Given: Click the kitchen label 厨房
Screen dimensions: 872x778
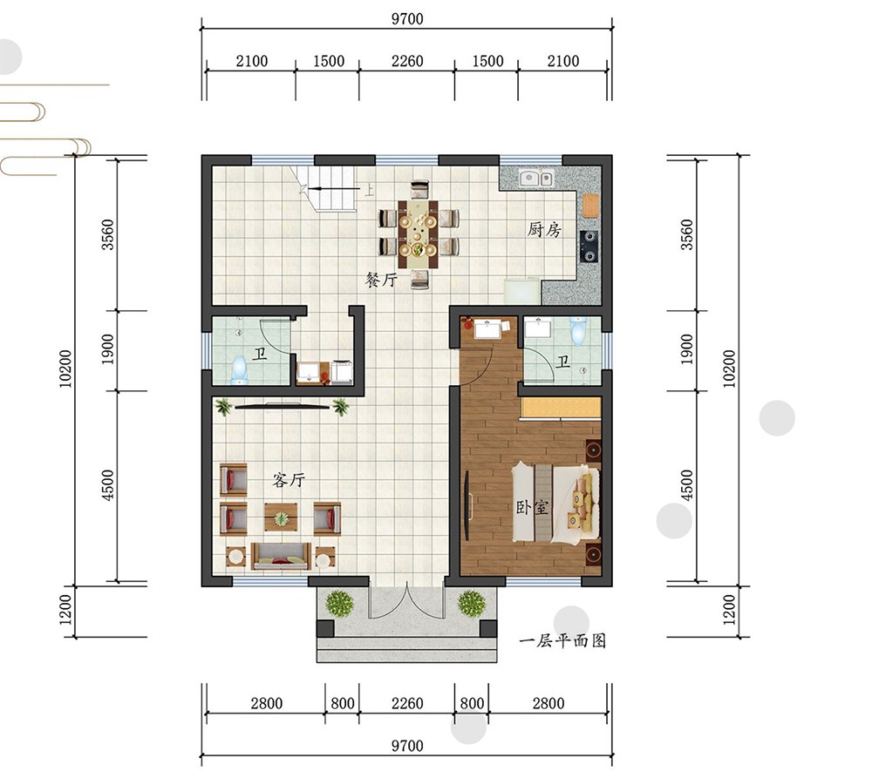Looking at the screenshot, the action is tap(544, 229).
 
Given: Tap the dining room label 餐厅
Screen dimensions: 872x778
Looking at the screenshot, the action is tap(381, 279).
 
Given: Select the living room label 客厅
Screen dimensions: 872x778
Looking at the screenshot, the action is tap(289, 479).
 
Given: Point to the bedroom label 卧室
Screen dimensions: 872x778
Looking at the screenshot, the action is tap(532, 507).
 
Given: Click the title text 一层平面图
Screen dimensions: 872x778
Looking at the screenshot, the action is tap(562, 640).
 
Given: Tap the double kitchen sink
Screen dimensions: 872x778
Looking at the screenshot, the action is tap(536, 179).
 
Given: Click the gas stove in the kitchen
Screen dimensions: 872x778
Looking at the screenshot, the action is tap(589, 247).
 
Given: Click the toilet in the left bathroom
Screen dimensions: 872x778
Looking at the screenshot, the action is tap(239, 370).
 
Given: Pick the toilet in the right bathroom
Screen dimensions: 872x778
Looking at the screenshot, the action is tap(578, 330).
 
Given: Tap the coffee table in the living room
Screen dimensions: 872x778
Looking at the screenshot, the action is tap(281, 518).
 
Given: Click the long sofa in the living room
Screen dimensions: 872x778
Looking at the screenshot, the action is tap(281, 556).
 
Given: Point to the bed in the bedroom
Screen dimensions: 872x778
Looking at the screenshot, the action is tap(556, 501).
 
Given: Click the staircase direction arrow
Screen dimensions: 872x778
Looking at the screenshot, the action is tap(335, 189).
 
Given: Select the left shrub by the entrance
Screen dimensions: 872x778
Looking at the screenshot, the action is tap(340, 603).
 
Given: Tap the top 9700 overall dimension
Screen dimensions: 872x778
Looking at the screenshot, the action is tap(407, 19).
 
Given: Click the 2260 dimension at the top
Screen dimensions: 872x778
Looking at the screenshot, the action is tap(407, 61).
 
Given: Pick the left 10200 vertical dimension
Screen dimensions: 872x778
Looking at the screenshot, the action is tap(65, 369).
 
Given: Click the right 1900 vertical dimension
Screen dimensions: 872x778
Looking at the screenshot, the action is tap(687, 349).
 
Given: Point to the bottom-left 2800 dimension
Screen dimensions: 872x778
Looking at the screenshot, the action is tap(266, 704).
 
